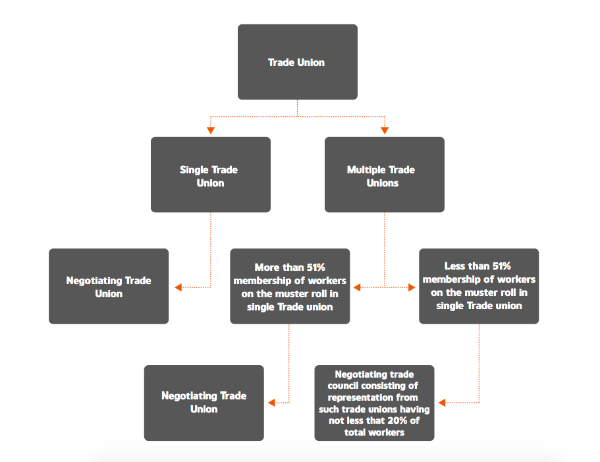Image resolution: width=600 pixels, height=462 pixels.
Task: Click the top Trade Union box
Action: [x=297, y=62]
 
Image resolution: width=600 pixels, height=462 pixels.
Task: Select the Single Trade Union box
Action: [x=211, y=175]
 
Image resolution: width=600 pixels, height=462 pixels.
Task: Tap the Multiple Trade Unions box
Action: [x=385, y=175]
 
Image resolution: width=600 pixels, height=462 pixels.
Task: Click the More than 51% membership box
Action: [x=290, y=286]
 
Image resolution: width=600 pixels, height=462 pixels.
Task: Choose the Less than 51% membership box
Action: [x=479, y=286]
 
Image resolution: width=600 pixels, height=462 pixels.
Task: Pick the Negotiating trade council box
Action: [x=374, y=403]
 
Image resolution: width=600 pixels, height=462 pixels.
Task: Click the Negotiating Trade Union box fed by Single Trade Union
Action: [x=109, y=286]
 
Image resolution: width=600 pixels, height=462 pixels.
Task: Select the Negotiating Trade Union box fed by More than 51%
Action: [x=204, y=403]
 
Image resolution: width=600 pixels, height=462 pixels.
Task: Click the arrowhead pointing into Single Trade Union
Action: [x=211, y=130]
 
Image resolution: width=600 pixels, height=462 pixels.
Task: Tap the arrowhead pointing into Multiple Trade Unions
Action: [x=385, y=130]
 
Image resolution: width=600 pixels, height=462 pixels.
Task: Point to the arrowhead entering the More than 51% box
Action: [x=357, y=287]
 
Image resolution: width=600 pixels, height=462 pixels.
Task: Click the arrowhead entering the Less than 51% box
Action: [x=412, y=287]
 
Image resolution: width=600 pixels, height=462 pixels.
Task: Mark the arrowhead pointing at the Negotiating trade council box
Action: [x=442, y=403]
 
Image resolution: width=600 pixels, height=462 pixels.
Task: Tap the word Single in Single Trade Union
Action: [x=190, y=170]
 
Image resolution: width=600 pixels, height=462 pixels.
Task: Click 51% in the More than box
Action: [x=315, y=267]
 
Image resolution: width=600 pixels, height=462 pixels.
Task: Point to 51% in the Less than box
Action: [x=501, y=266]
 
